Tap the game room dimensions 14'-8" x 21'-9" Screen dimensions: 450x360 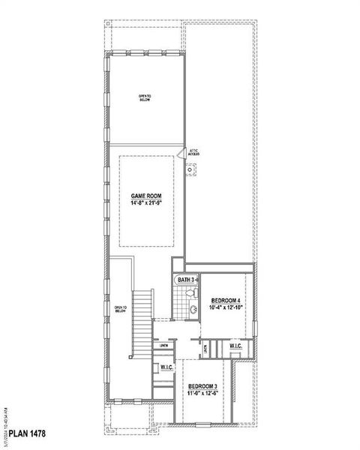pyautogui.click(x=147, y=203)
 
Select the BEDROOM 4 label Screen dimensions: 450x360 pyautogui.click(x=226, y=300)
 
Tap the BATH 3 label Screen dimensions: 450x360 pyautogui.click(x=185, y=280)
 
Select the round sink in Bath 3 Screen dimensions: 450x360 pyautogui.click(x=193, y=308)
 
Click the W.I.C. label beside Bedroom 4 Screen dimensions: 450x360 pyautogui.click(x=235, y=346)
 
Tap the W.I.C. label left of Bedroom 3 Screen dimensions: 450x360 pyautogui.click(x=167, y=367)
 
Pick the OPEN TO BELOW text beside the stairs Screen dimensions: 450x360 pyautogui.click(x=120, y=308)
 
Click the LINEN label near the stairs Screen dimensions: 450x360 pyautogui.click(x=163, y=346)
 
